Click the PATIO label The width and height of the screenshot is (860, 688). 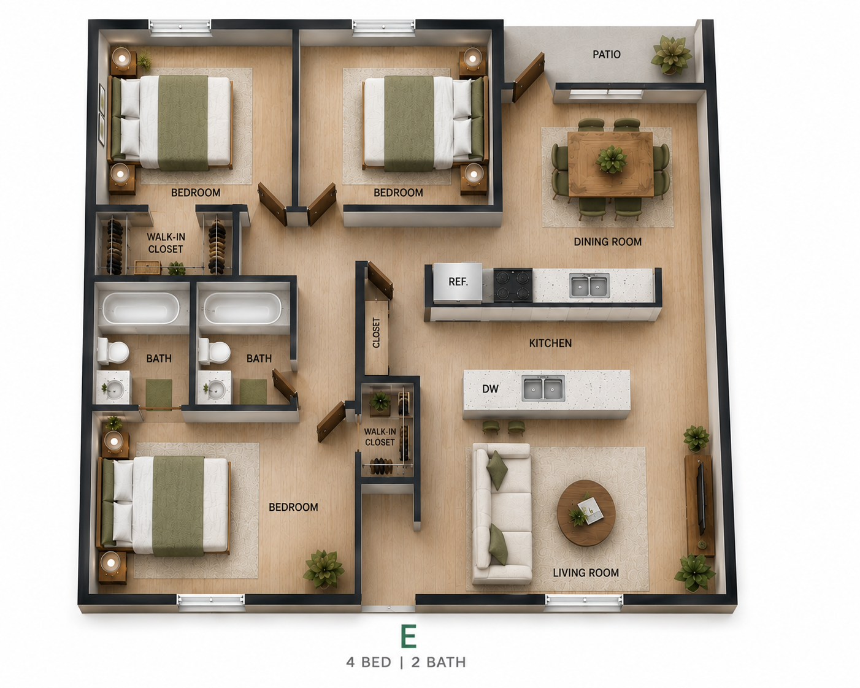[606, 55]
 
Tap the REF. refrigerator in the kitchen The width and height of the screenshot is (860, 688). [458, 281]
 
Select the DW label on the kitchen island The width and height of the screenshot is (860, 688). [490, 389]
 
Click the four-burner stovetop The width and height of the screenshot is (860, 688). [513, 285]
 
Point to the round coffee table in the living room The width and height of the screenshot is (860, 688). [586, 513]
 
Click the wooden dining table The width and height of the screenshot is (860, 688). [610, 164]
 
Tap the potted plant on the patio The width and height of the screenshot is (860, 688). [671, 55]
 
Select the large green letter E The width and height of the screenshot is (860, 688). [409, 636]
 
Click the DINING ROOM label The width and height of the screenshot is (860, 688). [607, 242]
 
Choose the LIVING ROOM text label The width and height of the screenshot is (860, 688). [585, 573]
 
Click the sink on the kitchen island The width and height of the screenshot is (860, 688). [543, 388]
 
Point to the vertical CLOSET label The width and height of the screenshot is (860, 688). [376, 332]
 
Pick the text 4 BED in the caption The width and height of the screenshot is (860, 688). [369, 662]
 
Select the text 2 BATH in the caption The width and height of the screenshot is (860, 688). [439, 662]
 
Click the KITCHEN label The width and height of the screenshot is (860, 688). [550, 343]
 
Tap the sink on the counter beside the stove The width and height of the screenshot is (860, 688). [589, 285]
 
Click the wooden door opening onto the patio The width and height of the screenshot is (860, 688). [528, 77]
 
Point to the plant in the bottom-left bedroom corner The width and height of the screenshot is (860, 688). [324, 569]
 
